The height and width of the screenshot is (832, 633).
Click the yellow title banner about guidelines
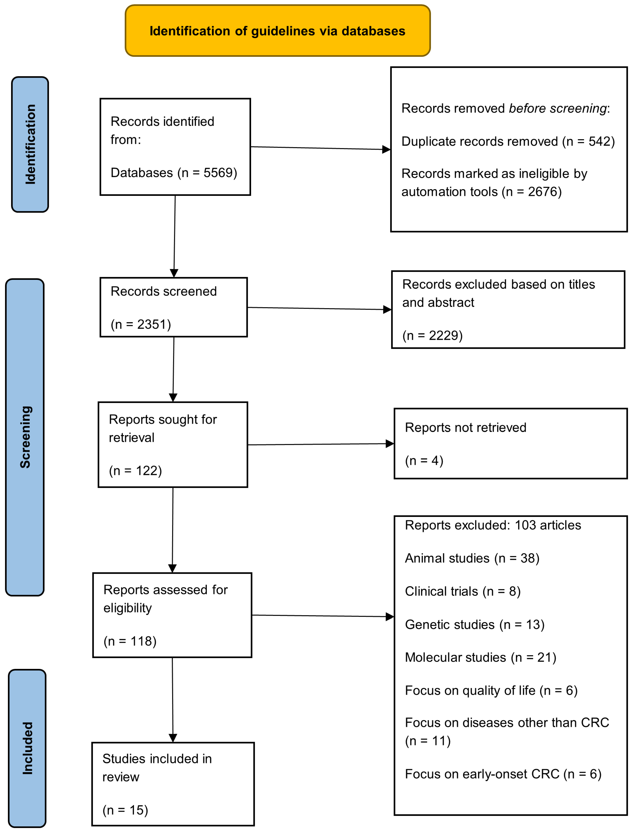pos(278,31)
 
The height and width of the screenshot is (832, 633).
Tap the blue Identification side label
pos(30,144)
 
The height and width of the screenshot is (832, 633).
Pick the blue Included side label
pos(27,748)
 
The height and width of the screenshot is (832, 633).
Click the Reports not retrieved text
pos(465,428)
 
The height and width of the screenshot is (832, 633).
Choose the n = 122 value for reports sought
pos(136,471)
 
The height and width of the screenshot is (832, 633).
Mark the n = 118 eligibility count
pos(130,641)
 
